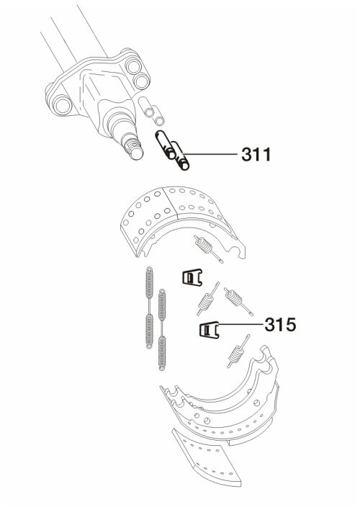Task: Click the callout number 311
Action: tap(256, 154)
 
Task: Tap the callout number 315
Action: tap(280, 325)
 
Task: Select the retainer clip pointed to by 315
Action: tap(209, 330)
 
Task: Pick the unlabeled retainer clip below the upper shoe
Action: tap(192, 277)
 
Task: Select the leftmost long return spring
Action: tap(149, 307)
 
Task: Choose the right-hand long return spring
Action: tap(161, 330)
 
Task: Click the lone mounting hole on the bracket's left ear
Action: tap(63, 105)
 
